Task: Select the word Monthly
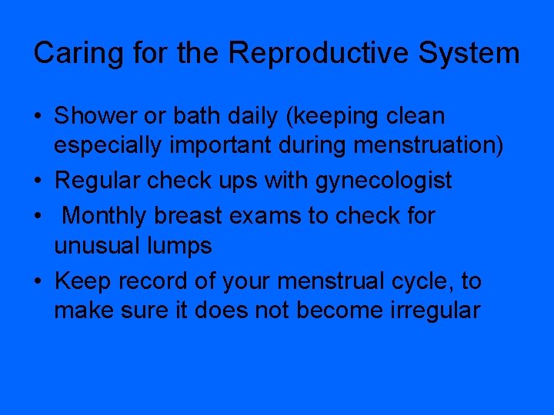click(x=105, y=216)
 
